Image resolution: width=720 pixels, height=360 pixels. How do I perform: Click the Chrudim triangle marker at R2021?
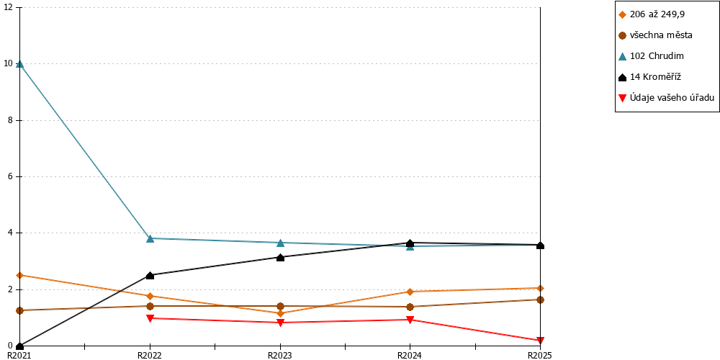click(19, 64)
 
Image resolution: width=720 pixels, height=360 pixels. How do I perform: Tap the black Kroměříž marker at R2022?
click(150, 275)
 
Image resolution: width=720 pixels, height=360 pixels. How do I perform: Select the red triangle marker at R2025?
click(540, 341)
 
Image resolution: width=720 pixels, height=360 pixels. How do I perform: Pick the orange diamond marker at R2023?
click(280, 313)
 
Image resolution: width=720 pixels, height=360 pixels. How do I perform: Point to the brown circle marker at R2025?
click(540, 300)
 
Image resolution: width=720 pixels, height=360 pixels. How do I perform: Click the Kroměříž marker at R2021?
click(19, 346)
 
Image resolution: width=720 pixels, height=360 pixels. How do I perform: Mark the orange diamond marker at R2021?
click(19, 275)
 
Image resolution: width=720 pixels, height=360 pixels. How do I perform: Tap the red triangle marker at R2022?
click(150, 318)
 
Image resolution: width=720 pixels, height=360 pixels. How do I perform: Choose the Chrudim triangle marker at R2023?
click(280, 243)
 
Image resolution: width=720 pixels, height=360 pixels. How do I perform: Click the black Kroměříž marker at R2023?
click(280, 257)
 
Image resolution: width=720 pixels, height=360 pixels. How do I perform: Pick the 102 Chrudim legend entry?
click(651, 56)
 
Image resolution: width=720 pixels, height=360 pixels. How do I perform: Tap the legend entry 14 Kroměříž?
click(649, 77)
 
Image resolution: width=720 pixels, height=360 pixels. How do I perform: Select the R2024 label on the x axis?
click(410, 355)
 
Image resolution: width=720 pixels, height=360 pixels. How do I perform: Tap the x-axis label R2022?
click(150, 355)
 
